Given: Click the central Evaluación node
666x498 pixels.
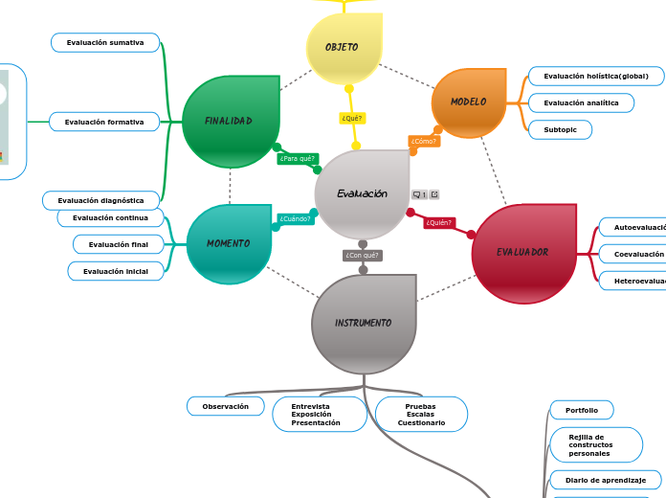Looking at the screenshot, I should click(x=362, y=193).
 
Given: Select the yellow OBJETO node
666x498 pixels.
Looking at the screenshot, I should click(x=344, y=47).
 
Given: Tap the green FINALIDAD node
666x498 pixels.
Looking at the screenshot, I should click(x=230, y=122).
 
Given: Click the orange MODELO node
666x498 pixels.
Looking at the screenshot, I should click(x=469, y=102).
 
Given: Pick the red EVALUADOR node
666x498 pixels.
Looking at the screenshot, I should click(x=523, y=253).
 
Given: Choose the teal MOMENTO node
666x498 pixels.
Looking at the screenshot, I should click(x=229, y=244).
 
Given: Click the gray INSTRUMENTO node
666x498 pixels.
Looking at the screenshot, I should click(x=364, y=324).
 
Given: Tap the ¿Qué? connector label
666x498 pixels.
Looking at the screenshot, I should click(x=352, y=118).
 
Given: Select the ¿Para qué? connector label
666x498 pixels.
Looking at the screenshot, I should click(x=297, y=158).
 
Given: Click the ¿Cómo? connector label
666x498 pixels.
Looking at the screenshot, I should click(x=424, y=141).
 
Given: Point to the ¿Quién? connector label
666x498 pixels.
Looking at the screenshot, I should click(x=438, y=223).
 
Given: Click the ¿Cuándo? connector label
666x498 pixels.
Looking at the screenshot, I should click(x=295, y=218).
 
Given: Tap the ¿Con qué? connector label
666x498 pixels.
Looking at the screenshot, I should click(x=363, y=255).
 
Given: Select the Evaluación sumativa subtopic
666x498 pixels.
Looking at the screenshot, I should click(x=105, y=43).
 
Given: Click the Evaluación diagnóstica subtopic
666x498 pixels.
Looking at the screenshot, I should click(x=100, y=200).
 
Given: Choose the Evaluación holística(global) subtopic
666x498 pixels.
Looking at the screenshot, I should click(x=595, y=76).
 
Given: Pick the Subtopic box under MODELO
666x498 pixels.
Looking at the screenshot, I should click(x=560, y=129).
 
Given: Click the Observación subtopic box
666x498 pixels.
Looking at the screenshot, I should click(x=225, y=406).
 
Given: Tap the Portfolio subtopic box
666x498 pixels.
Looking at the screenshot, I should click(x=581, y=410).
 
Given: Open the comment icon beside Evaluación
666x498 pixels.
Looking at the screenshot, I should click(x=419, y=194).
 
